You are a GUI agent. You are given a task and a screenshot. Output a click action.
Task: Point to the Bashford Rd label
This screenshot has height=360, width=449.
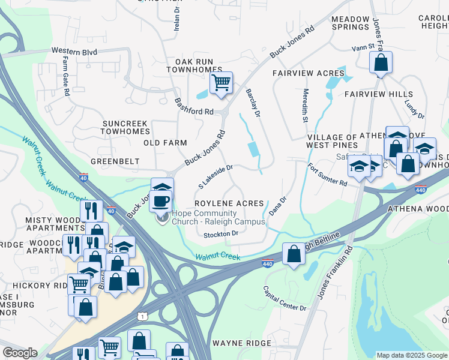click(194, 106)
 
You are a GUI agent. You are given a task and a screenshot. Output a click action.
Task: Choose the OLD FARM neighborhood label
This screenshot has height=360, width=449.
click(165, 143)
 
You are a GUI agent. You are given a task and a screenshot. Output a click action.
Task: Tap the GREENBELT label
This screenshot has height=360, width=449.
click(115, 161)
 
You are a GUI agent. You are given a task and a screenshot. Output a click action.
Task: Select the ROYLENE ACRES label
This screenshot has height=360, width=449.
click(229, 203)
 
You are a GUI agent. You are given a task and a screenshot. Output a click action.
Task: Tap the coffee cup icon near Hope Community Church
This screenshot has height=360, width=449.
click(160, 200)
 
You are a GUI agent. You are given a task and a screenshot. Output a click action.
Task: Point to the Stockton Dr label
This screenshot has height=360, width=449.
click(221, 233)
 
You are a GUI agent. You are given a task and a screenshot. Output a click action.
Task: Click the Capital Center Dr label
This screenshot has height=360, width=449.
click(285, 298)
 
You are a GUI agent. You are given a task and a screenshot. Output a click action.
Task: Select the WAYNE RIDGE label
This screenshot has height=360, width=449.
click(238, 343)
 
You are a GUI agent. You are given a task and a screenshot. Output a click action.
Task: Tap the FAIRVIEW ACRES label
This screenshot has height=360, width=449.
click(308, 73)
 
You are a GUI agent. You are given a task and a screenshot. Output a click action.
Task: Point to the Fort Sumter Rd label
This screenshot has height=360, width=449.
click(328, 175)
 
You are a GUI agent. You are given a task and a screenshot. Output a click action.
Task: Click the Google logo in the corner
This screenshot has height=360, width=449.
click(20, 353)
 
